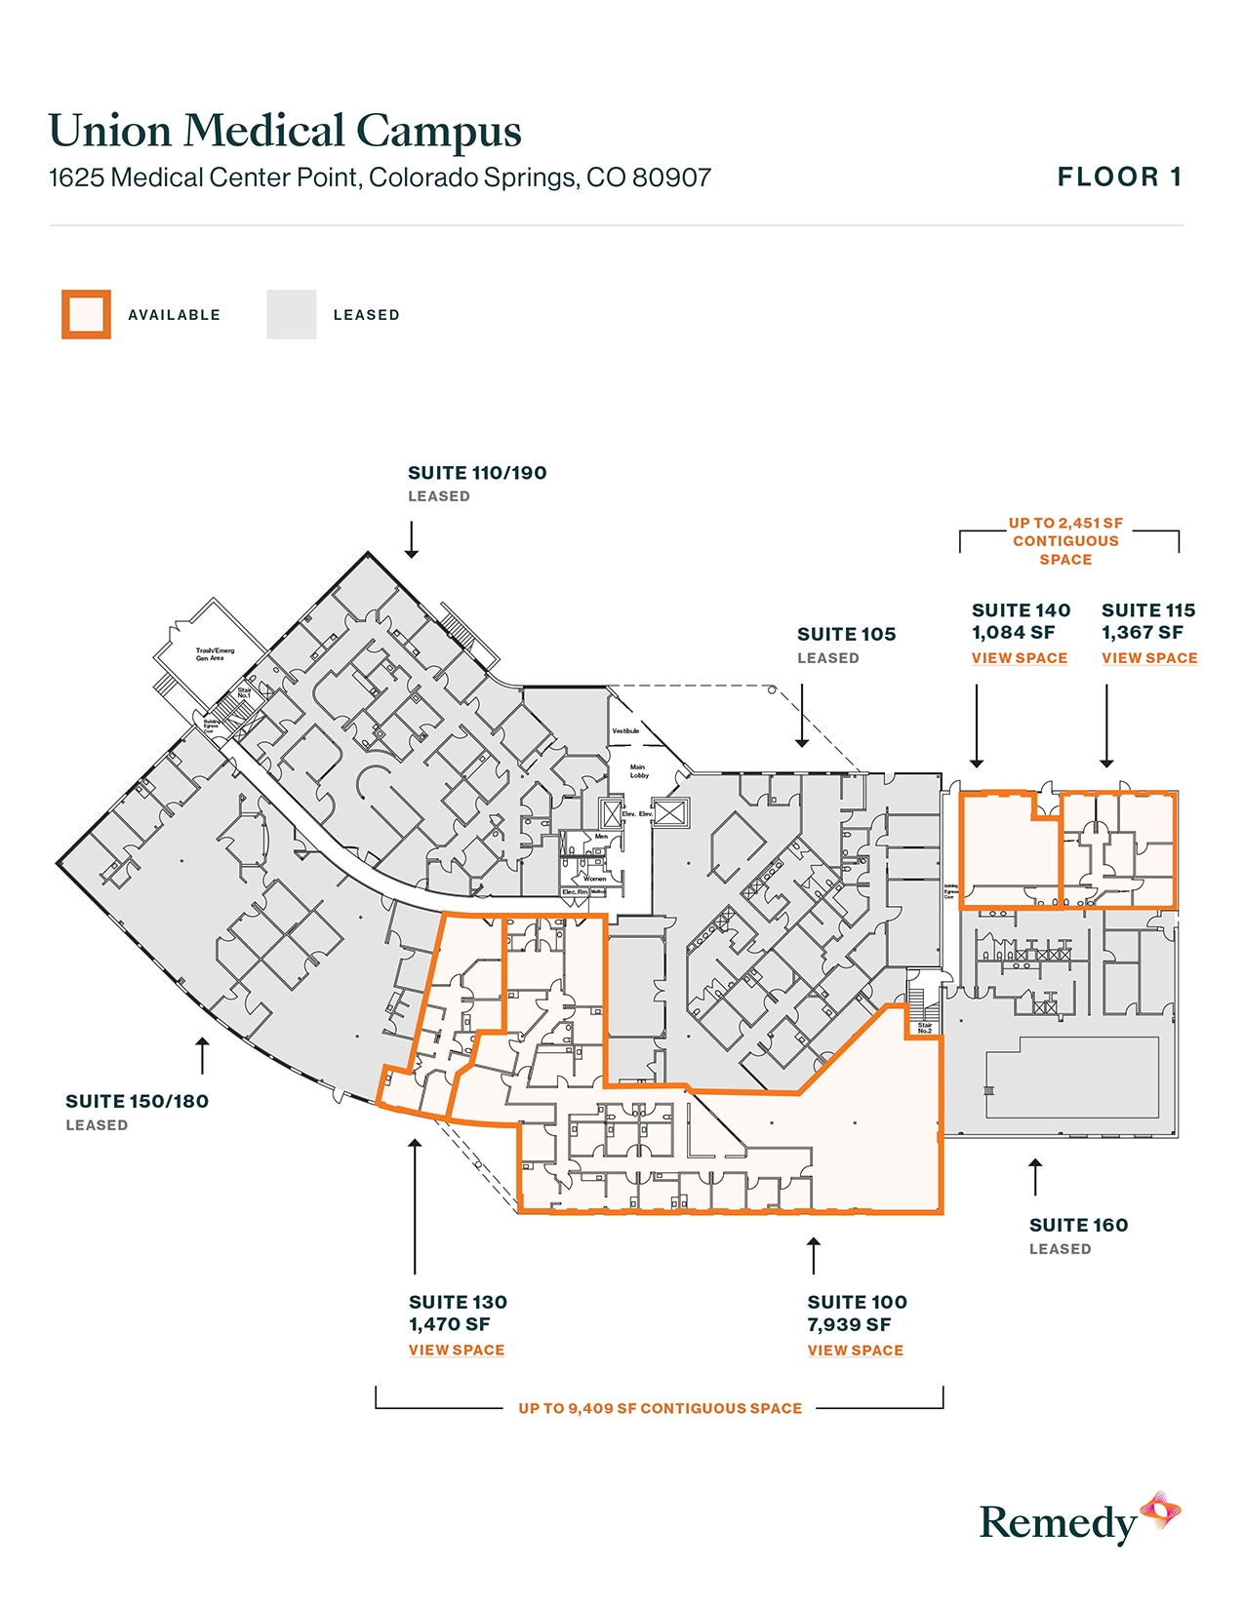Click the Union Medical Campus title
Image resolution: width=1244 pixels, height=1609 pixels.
click(x=285, y=131)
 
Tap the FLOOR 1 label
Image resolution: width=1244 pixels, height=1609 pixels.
click(x=1119, y=177)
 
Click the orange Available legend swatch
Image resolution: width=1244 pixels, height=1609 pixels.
click(x=86, y=314)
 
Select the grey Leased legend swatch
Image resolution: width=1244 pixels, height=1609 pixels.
click(x=292, y=314)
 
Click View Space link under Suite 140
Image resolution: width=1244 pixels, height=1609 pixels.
click(x=1019, y=658)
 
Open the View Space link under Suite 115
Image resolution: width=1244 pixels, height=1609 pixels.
click(x=1149, y=658)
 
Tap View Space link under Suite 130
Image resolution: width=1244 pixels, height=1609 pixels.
click(x=457, y=1351)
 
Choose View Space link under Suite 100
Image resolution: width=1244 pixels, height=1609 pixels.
click(x=855, y=1351)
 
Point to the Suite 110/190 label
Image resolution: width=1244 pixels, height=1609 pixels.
click(x=477, y=473)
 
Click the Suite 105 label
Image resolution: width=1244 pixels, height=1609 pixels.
click(x=846, y=634)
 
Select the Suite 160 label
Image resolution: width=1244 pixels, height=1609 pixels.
click(x=1078, y=1225)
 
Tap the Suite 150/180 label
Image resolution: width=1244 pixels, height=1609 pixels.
click(x=137, y=1101)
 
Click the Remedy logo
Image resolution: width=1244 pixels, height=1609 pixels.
click(x=1078, y=1519)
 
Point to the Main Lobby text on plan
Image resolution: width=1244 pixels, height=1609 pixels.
click(x=638, y=771)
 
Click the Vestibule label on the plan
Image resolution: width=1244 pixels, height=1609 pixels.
click(x=625, y=730)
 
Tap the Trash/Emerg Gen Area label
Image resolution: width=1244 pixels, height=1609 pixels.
click(x=215, y=653)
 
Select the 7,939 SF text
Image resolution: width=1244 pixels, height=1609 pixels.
click(x=849, y=1324)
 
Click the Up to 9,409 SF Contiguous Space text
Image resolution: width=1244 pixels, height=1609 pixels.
click(x=660, y=1408)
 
